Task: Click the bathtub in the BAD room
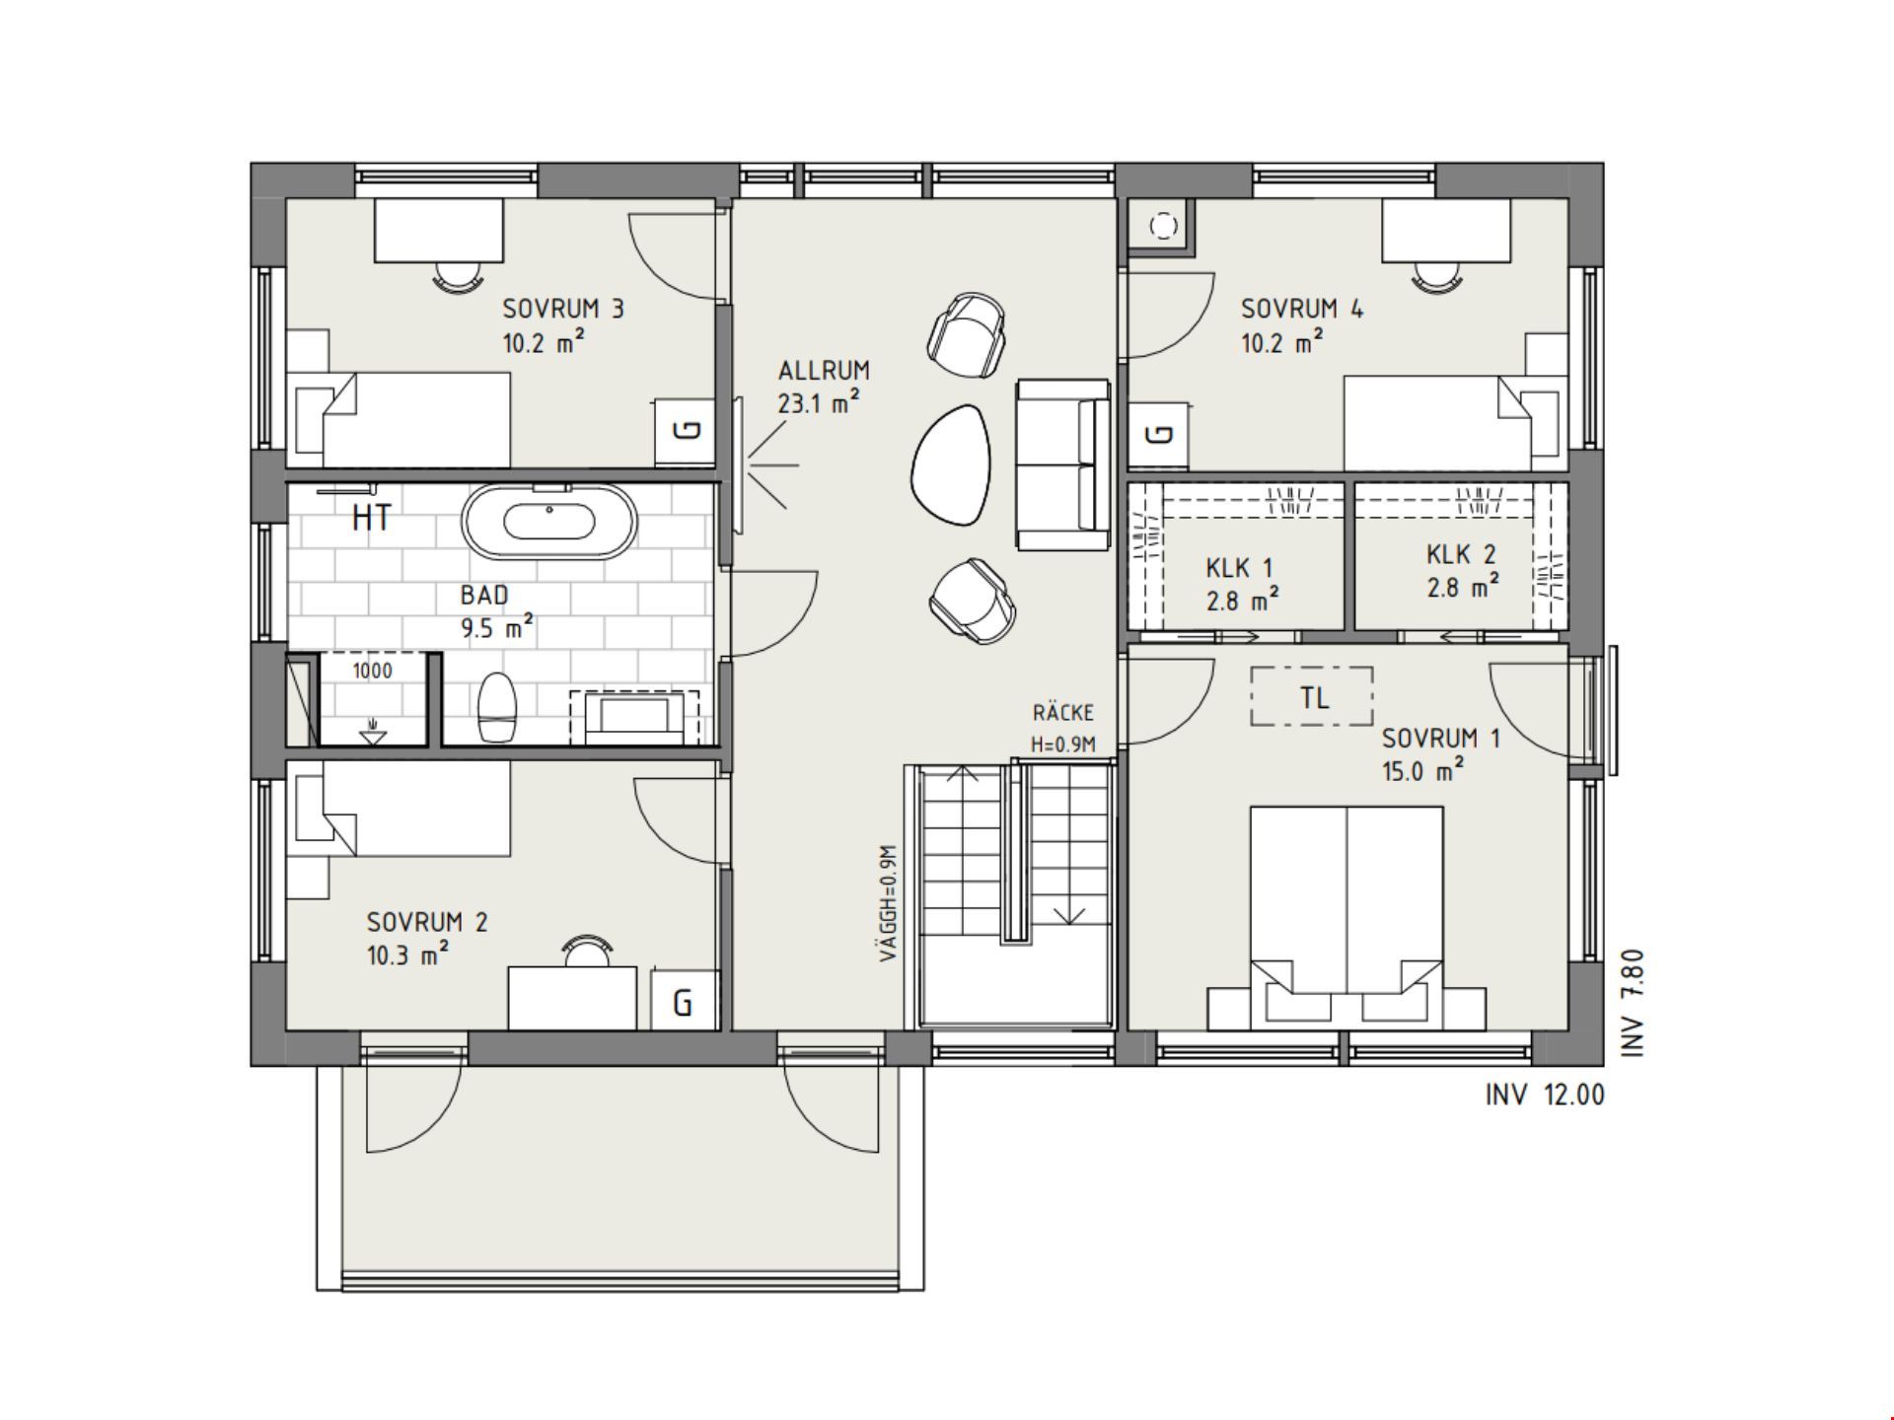pyautogui.click(x=550, y=521)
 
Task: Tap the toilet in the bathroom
pyautogui.click(x=496, y=707)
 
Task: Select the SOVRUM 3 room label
pyautogui.click(x=563, y=309)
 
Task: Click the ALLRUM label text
pyautogui.click(x=824, y=371)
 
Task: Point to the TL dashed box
pyautogui.click(x=1312, y=697)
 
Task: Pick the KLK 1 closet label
pyautogui.click(x=1239, y=568)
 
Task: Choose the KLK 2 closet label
pyautogui.click(x=1461, y=555)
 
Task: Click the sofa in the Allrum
pyautogui.click(x=1063, y=464)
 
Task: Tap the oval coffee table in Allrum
pyautogui.click(x=949, y=464)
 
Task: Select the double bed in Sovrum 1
pyautogui.click(x=1347, y=917)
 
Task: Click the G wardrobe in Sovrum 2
pyautogui.click(x=684, y=1000)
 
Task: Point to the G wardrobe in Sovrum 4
pyautogui.click(x=1159, y=434)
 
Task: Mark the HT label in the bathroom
pyautogui.click(x=371, y=517)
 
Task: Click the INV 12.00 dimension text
pyautogui.click(x=1545, y=1095)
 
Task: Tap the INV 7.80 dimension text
pyautogui.click(x=1633, y=1003)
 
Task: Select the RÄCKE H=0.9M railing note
pyautogui.click(x=1063, y=728)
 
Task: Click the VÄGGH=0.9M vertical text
pyautogui.click(x=888, y=902)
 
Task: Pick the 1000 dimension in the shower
pyautogui.click(x=372, y=672)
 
